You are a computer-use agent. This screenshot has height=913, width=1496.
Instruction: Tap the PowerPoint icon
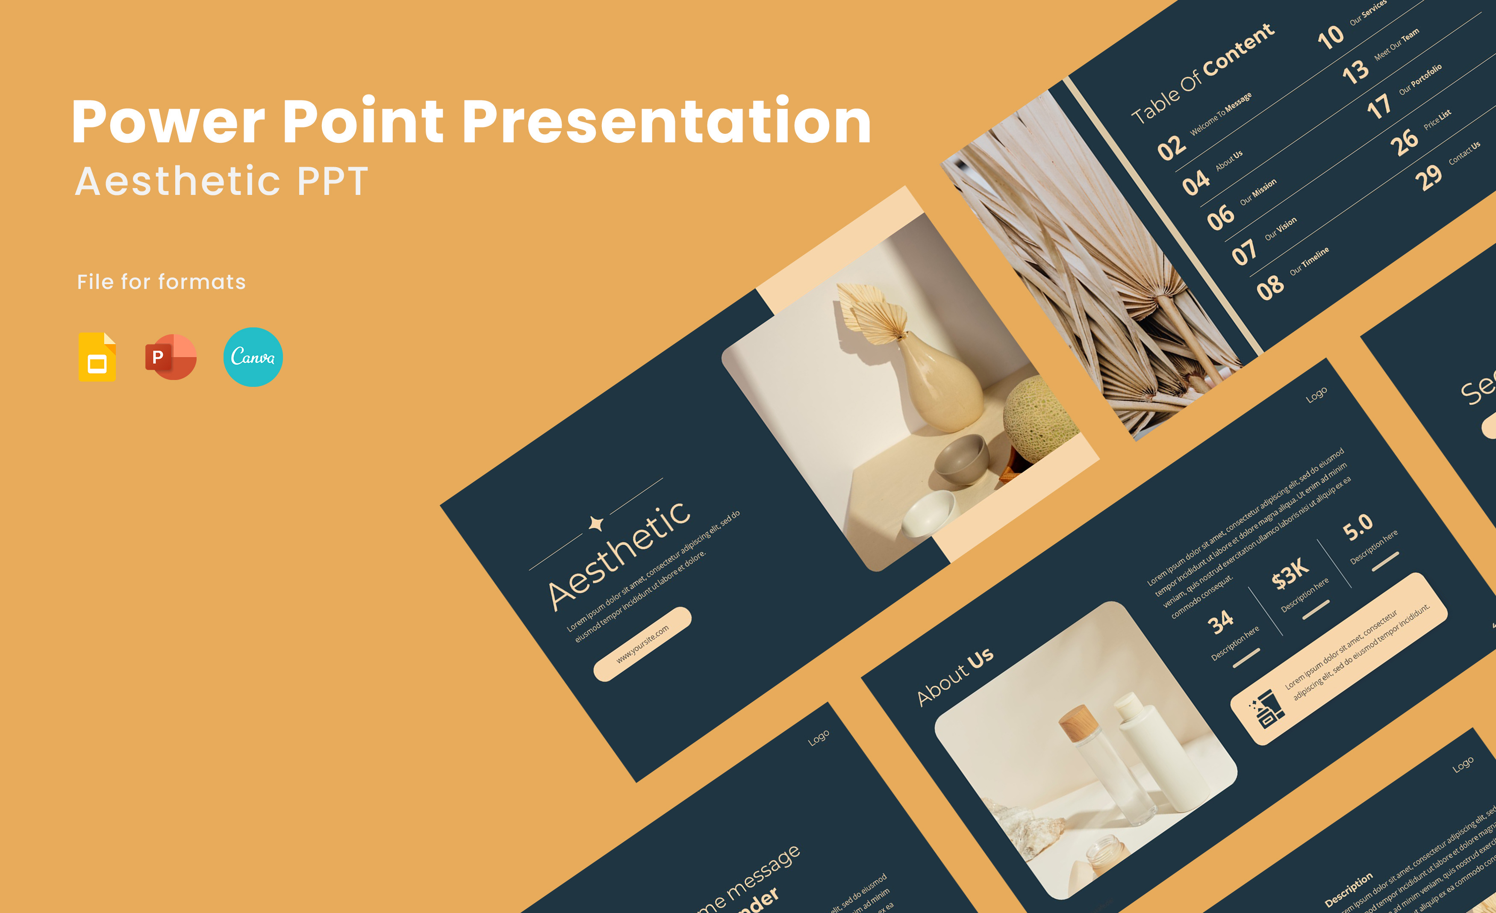[171, 357]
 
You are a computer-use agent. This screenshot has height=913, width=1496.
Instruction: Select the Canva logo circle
[253, 357]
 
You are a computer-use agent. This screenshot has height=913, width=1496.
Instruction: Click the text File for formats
[161, 282]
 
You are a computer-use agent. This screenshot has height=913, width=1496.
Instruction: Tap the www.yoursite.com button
[642, 643]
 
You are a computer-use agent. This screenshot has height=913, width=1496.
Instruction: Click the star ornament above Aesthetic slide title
[596, 523]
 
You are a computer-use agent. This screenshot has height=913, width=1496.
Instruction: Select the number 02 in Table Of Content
[1171, 147]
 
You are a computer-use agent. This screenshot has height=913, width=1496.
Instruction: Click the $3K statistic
[1290, 573]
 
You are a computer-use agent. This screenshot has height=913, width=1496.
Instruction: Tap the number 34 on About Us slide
[1220, 622]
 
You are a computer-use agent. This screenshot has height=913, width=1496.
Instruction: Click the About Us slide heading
[954, 677]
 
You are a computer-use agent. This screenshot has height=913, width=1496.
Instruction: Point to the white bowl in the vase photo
[928, 514]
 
